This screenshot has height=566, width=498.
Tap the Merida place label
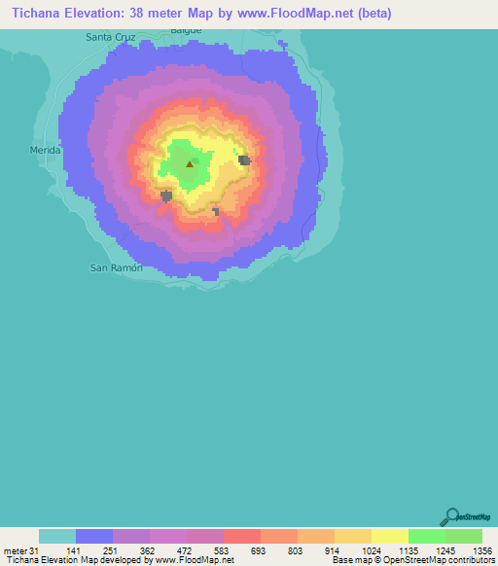(x=46, y=150)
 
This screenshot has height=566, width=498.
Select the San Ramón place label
(x=117, y=266)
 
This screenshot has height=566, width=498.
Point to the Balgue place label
(x=186, y=30)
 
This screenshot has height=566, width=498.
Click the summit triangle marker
(x=190, y=163)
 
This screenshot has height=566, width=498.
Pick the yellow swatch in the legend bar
(x=389, y=536)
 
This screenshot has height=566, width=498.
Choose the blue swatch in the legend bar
(x=94, y=536)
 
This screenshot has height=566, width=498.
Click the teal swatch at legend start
(x=57, y=536)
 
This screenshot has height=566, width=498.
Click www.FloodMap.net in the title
(x=298, y=14)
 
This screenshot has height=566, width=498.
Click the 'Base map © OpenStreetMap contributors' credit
(x=411, y=560)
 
